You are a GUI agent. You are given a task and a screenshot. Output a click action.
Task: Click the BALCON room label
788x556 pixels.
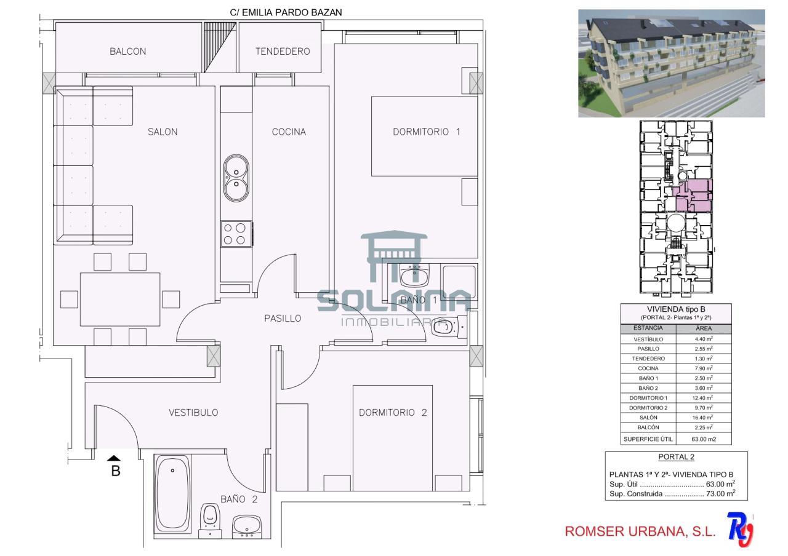127,52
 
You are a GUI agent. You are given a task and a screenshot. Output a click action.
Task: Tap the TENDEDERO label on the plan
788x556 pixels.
283,52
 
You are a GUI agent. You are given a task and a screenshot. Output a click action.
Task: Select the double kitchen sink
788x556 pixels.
236,178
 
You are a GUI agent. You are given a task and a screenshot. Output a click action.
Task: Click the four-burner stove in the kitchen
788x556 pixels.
236,234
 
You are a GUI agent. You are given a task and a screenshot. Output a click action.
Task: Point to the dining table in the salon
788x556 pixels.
120,300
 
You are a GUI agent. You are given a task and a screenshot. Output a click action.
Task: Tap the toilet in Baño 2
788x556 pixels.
210,521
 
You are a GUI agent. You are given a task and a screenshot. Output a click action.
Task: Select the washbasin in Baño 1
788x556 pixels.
414,276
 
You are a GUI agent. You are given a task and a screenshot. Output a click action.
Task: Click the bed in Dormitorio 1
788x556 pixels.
424,137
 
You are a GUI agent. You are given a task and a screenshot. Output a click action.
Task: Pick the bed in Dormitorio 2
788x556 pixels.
393,438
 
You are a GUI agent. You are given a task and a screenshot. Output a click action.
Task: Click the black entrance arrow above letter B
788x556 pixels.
114,458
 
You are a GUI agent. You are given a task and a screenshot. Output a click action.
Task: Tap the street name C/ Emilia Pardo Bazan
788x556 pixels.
286,13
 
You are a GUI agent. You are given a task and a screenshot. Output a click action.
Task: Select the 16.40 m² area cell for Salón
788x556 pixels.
704,418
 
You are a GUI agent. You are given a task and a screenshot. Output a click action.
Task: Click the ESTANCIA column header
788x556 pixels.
648,328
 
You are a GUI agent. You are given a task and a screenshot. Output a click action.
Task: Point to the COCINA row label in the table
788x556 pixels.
648,368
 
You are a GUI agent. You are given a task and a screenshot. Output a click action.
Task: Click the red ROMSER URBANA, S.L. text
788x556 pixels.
640,531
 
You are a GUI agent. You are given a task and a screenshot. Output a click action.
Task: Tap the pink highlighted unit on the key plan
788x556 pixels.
693,196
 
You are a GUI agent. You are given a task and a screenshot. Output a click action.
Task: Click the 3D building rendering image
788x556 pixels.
672,63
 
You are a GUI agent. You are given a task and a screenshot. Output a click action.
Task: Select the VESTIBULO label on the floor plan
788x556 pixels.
193,413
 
